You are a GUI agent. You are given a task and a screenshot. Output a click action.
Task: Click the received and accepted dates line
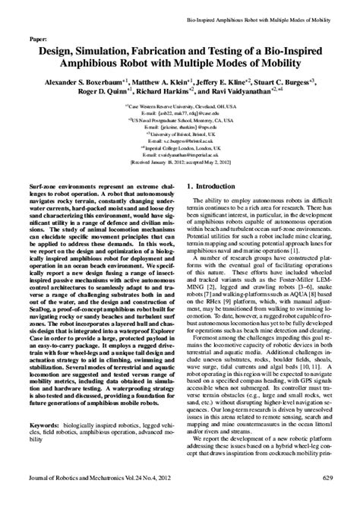[x=183, y=162]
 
